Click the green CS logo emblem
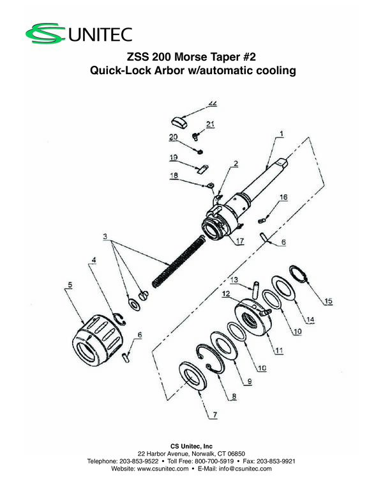45,33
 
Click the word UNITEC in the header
100,35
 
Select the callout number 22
213,104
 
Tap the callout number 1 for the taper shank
282,134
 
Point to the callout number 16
283,197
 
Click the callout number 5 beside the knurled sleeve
70,284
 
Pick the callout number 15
329,301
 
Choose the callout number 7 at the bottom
215,414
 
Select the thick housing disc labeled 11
253,317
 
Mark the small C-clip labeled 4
119,318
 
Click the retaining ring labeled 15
299,275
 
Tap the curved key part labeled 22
179,123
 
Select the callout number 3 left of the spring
105,236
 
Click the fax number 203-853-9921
276,461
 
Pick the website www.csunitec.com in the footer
162,469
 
